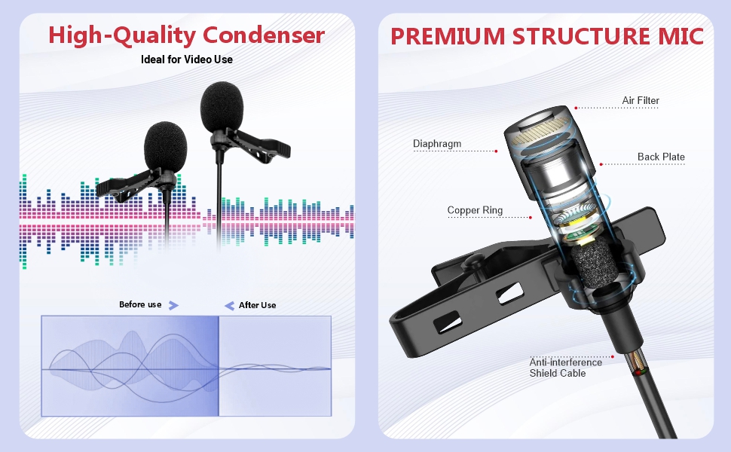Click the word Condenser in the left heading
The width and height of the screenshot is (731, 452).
click(x=264, y=35)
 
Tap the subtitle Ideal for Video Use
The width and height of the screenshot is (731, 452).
click(x=186, y=60)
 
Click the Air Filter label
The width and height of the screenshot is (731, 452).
click(x=641, y=101)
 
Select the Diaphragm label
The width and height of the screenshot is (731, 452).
click(x=437, y=144)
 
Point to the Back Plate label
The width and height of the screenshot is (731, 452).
click(x=661, y=157)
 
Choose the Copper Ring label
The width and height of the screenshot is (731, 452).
click(x=475, y=210)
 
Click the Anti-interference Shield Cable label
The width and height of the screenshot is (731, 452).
click(x=565, y=368)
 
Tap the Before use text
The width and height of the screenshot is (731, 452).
click(x=140, y=305)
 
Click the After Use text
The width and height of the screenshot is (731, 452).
click(x=257, y=305)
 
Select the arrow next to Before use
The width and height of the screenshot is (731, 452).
click(x=173, y=306)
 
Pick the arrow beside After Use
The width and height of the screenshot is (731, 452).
click(x=229, y=306)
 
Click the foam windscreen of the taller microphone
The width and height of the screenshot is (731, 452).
click(x=222, y=107)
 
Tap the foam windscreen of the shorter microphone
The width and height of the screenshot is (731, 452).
click(x=166, y=146)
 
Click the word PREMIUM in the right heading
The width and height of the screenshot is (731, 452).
click(x=448, y=37)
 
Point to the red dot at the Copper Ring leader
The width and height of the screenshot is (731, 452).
click(x=531, y=218)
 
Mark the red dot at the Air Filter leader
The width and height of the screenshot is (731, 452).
click(x=577, y=108)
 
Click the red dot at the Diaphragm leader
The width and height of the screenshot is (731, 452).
click(x=496, y=151)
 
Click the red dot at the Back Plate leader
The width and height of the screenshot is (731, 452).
click(x=601, y=164)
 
